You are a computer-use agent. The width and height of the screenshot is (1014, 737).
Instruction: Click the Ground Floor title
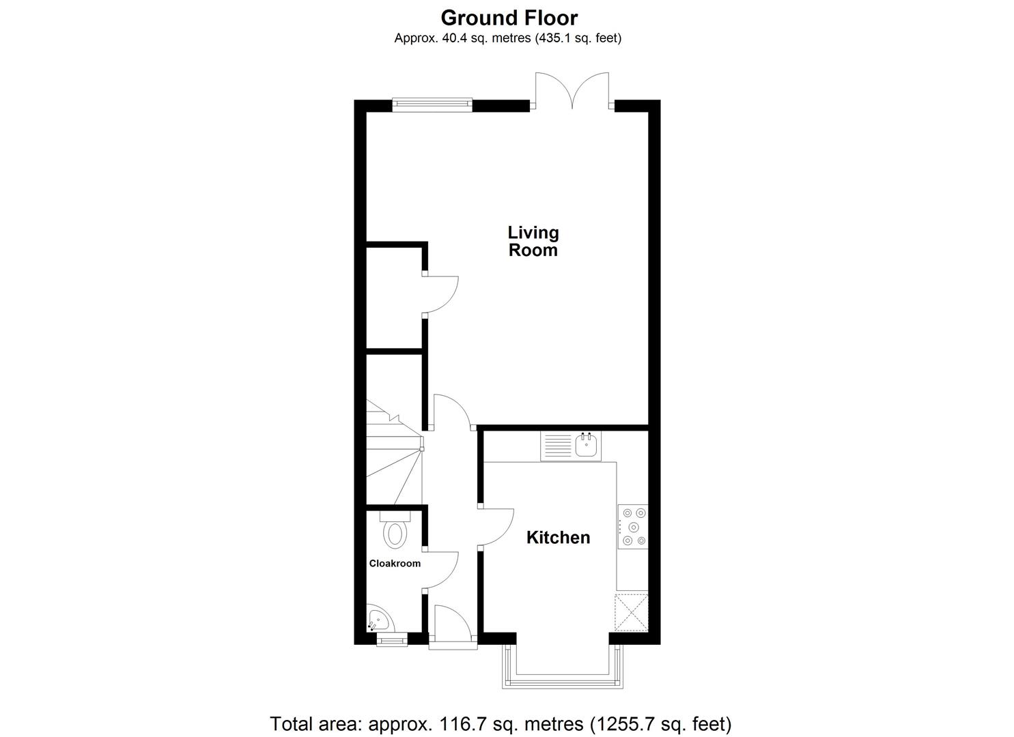[x=509, y=17]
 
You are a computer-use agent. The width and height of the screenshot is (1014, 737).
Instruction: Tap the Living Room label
[x=533, y=242]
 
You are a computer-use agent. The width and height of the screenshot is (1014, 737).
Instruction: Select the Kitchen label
[x=558, y=538]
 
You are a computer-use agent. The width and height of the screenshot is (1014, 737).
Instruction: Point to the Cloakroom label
[x=395, y=564]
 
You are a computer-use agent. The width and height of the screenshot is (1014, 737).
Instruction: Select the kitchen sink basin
[x=587, y=446]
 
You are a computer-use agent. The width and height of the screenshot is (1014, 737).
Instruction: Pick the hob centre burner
[x=634, y=527]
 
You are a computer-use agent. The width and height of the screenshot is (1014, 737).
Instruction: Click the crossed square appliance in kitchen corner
[x=632, y=613]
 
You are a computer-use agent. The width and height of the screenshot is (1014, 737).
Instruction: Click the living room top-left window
[x=432, y=104]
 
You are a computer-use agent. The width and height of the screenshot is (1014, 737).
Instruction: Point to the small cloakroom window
[x=392, y=640]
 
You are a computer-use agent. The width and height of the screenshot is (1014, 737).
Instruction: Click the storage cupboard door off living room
[x=440, y=293]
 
